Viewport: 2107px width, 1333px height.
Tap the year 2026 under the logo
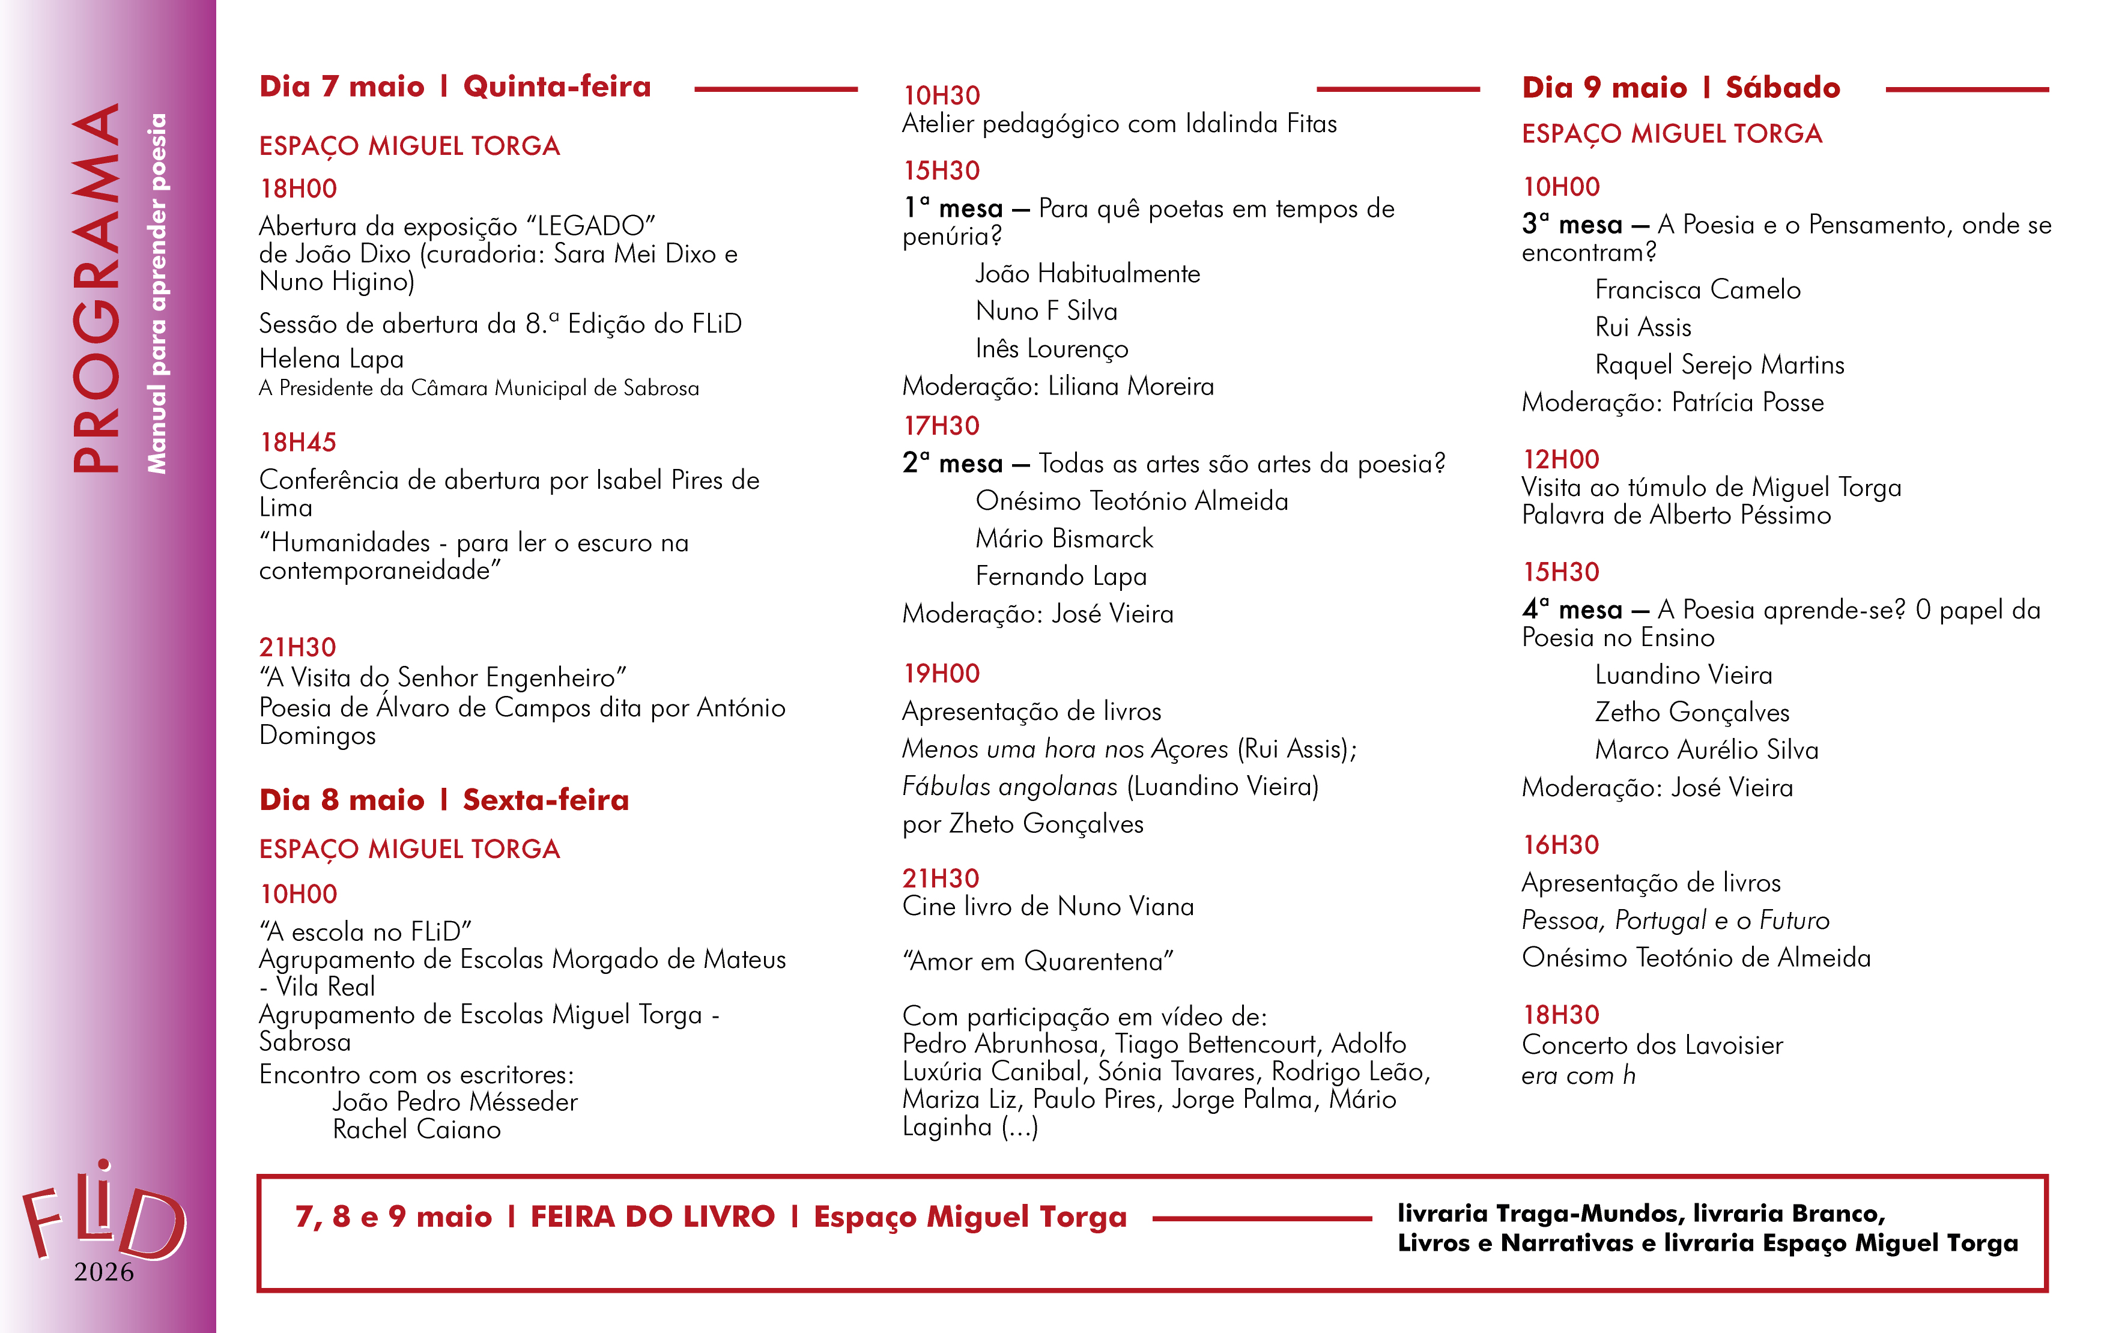coord(104,1272)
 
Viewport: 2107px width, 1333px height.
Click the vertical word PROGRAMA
coord(95,289)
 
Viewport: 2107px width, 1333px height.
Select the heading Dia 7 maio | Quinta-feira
coord(455,86)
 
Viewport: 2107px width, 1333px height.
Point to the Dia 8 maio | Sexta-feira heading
coord(444,799)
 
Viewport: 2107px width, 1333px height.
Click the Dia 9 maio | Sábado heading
coord(1681,88)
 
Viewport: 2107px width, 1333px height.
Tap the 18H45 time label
coord(299,443)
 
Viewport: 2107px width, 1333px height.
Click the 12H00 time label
coord(1561,459)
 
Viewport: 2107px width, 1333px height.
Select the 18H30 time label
coord(1561,1015)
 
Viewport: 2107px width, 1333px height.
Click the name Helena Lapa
coord(331,358)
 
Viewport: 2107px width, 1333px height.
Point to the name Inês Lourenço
coord(1052,348)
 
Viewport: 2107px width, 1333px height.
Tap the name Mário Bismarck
coord(1064,539)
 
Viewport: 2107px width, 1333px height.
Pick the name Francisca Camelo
coord(1697,289)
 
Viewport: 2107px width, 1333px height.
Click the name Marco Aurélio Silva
coord(1706,749)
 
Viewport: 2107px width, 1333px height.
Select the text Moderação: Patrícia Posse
coord(1672,402)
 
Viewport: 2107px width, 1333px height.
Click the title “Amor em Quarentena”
coord(1038,961)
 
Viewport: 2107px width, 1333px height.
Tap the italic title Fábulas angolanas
coord(1010,787)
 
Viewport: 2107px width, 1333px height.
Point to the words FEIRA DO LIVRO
coord(653,1217)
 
